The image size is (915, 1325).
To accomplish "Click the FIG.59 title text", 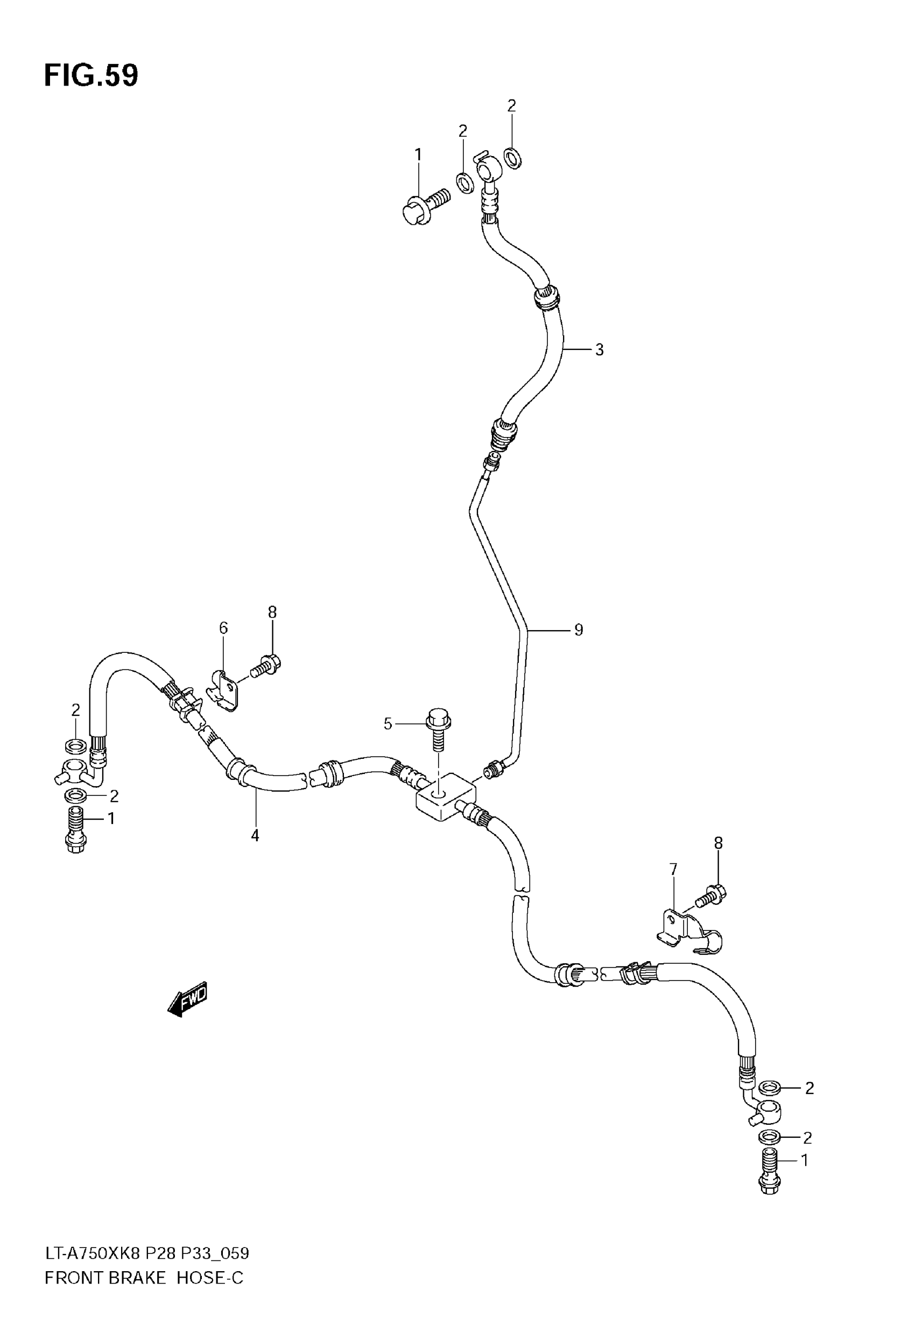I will click(x=91, y=76).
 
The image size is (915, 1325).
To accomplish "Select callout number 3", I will click(x=599, y=350).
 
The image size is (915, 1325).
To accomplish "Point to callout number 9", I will click(x=579, y=630).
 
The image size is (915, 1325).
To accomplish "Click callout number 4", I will click(x=255, y=836).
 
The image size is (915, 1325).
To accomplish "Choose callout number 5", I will click(x=388, y=724).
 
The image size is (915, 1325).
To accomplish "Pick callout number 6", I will click(x=223, y=628).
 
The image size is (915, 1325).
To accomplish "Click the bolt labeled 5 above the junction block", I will click(x=439, y=730).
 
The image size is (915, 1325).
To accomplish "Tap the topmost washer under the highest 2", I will click(x=512, y=158).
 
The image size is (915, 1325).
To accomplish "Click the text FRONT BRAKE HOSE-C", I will click(x=144, y=1278).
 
